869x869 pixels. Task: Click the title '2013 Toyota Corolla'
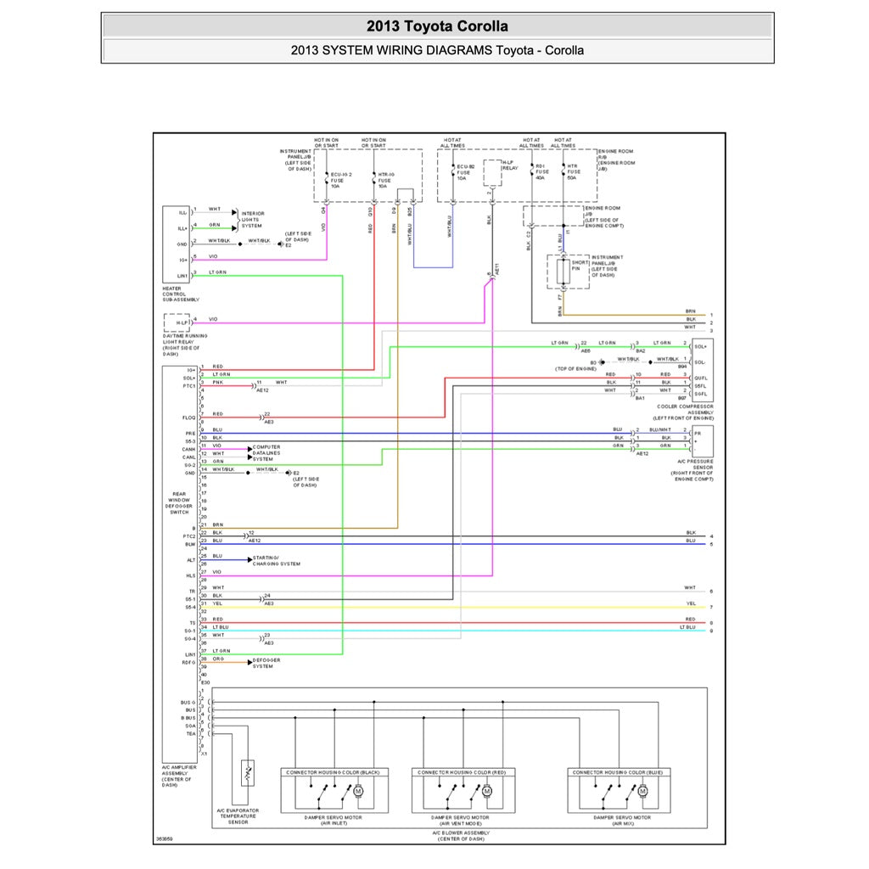coord(437,26)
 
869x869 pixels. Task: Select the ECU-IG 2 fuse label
coord(339,178)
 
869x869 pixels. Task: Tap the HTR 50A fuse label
coord(573,173)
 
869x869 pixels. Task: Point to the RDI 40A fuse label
coord(540,173)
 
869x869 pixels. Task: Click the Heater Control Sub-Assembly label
coord(179,293)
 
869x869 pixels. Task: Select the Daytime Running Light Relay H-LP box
coord(177,322)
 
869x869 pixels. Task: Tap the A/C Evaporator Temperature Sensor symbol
coord(248,774)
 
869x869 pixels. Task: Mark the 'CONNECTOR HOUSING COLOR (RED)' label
coord(463,772)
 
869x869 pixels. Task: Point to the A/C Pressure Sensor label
coord(692,471)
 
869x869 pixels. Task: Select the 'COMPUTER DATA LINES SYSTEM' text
coord(266,452)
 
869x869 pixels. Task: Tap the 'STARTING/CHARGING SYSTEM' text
coord(276,560)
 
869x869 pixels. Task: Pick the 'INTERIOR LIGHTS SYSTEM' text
coord(252,219)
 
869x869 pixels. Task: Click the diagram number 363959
coord(164,839)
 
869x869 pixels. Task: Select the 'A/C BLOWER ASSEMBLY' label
coord(462,835)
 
